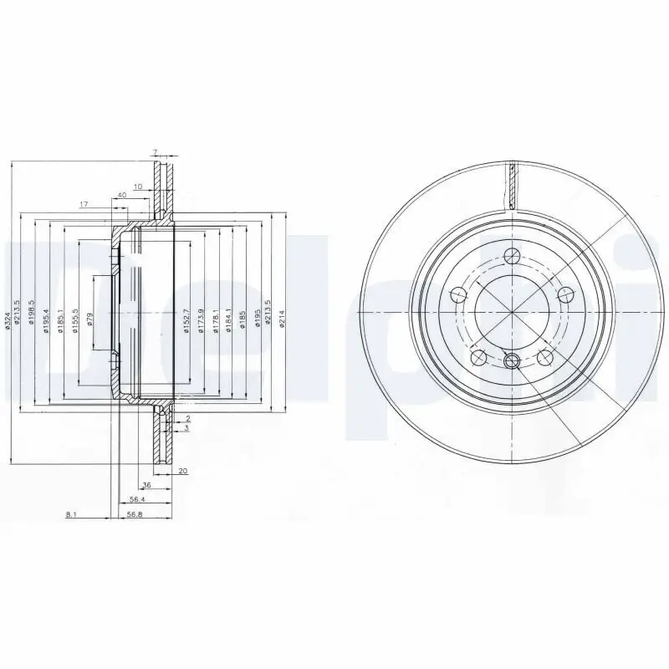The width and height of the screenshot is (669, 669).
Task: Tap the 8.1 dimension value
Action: point(71,515)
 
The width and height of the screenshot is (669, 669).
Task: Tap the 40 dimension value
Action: point(122,195)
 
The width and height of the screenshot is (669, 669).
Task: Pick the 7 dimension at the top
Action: point(155,151)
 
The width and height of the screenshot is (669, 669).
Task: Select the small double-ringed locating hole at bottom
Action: point(513,361)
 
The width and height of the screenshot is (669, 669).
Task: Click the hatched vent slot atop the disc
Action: point(512,186)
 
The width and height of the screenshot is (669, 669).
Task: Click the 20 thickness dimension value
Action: point(182,471)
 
